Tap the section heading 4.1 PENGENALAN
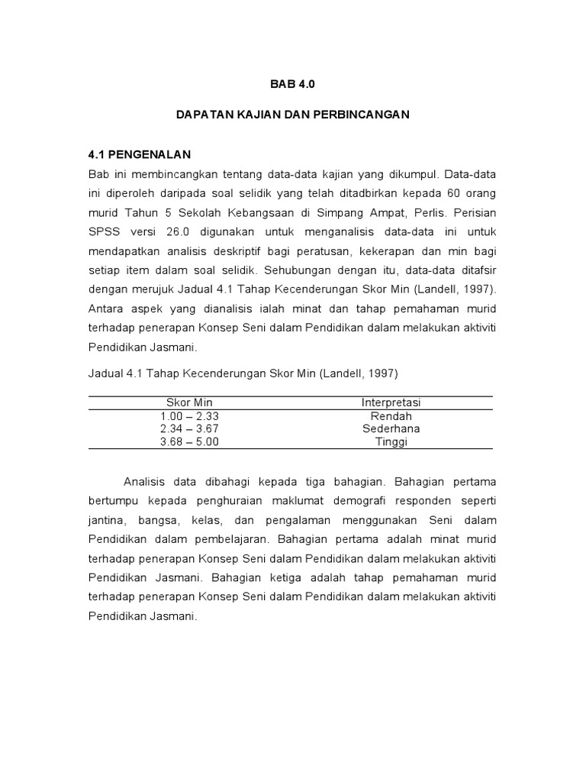(x=140, y=153)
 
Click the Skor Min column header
(x=190, y=402)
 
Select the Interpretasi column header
(x=391, y=402)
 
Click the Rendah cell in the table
(x=391, y=416)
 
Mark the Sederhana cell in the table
(x=391, y=428)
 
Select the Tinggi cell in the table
(x=391, y=441)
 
